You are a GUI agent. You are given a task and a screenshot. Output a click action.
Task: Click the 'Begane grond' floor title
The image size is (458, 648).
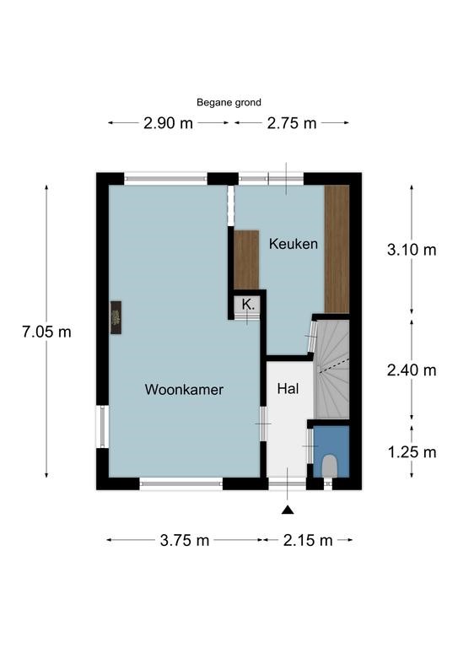(x=229, y=102)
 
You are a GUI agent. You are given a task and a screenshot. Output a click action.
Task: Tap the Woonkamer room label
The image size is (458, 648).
(x=184, y=389)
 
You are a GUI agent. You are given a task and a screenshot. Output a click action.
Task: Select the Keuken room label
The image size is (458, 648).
(x=294, y=244)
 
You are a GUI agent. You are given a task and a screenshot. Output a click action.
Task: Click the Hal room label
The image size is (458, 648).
(x=288, y=388)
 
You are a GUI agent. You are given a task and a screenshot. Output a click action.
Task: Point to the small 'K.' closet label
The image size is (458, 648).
(x=248, y=305)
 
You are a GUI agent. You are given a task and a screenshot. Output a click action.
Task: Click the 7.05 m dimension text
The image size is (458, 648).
(x=46, y=332)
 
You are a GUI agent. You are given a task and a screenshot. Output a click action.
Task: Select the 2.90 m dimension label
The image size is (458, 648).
(x=168, y=123)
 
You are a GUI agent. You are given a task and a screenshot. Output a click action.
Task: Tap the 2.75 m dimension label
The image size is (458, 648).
(x=292, y=123)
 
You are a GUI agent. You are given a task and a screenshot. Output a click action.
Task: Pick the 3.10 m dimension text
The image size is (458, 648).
(x=412, y=250)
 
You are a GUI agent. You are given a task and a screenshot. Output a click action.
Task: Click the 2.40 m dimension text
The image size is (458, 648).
(x=412, y=370)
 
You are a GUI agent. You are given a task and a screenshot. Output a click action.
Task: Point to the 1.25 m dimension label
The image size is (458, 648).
(x=412, y=452)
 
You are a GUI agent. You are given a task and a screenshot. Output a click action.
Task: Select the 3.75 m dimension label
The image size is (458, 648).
(x=185, y=540)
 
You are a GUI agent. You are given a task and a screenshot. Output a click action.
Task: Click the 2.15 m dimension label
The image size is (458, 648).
(x=308, y=540)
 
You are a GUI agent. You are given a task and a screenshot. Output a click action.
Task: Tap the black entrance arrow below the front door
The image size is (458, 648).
(x=288, y=510)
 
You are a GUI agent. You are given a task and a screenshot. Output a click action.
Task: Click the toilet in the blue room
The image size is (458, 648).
(x=330, y=466)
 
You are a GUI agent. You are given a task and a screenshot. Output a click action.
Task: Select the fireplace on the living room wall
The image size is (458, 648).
(x=116, y=317)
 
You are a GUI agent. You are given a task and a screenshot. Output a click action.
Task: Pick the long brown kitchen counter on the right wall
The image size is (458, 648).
(x=337, y=249)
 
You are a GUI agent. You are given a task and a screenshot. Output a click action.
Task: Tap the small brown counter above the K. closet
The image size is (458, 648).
(x=246, y=260)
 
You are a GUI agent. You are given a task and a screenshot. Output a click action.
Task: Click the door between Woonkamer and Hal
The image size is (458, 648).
(x=263, y=424)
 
